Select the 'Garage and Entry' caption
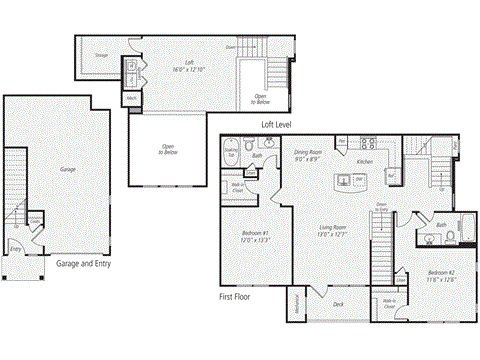tap(83, 263)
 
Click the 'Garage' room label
tap(67, 170)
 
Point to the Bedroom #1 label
tap(252, 237)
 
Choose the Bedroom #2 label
tap(441, 275)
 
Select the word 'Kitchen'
tap(365, 160)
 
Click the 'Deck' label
tap(337, 305)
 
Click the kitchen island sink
tap(345, 181)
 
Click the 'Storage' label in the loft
tap(102, 56)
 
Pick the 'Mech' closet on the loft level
tap(132, 99)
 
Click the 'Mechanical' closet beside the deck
tap(296, 305)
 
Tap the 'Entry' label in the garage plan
tap(15, 248)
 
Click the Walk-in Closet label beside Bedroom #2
tap(388, 301)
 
